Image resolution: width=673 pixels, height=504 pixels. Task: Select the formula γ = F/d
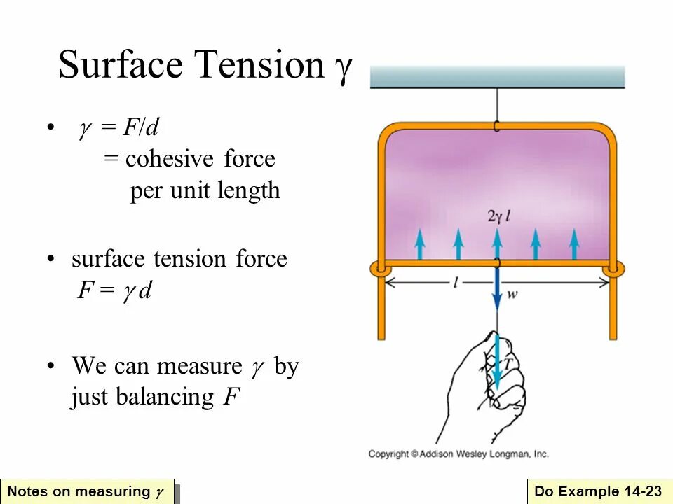pyautogui.click(x=118, y=128)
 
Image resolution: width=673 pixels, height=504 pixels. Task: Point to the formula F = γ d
pyautogui.click(x=114, y=290)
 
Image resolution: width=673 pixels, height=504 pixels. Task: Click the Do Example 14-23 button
pyautogui.click(x=598, y=491)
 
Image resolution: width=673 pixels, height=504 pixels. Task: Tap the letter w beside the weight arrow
pyautogui.click(x=512, y=295)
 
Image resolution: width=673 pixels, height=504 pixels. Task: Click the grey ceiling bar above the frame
pyautogui.click(x=497, y=76)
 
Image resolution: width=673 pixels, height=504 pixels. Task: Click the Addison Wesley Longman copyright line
pyautogui.click(x=458, y=454)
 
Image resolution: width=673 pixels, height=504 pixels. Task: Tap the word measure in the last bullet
pyautogui.click(x=199, y=366)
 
